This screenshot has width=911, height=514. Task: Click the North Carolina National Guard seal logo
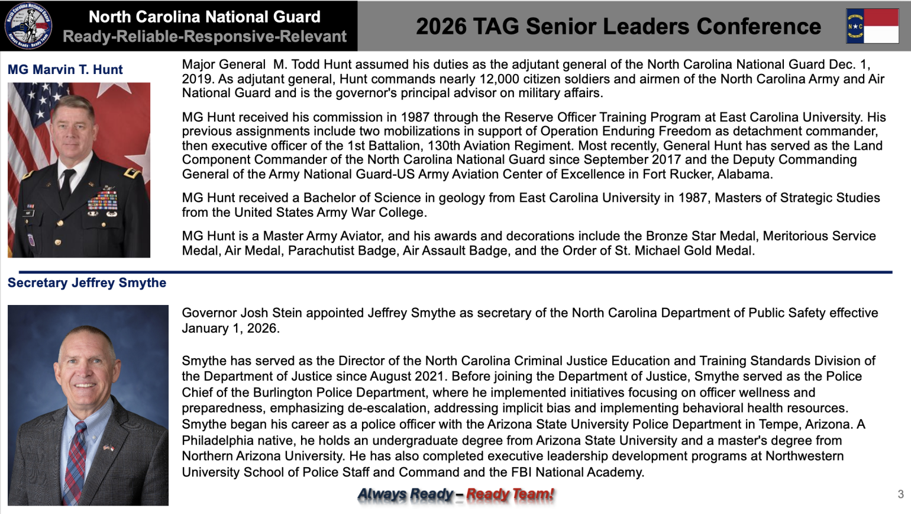pyautogui.click(x=28, y=25)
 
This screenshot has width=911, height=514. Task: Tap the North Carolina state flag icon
pyautogui.click(x=872, y=26)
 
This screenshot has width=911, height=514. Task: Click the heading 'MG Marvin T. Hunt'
pyautogui.click(x=65, y=70)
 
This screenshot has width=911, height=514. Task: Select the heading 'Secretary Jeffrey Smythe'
pyautogui.click(x=87, y=283)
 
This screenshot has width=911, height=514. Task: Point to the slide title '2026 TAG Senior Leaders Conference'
pyautogui.click(x=618, y=27)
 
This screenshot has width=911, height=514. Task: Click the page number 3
pyautogui.click(x=900, y=494)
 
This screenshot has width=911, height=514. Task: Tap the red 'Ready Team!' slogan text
pyautogui.click(x=510, y=494)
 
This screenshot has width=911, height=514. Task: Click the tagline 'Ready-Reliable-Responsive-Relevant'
pyautogui.click(x=205, y=37)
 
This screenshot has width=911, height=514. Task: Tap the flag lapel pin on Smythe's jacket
pyautogui.click(x=108, y=448)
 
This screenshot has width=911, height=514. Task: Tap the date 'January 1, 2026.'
pyautogui.click(x=231, y=329)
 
